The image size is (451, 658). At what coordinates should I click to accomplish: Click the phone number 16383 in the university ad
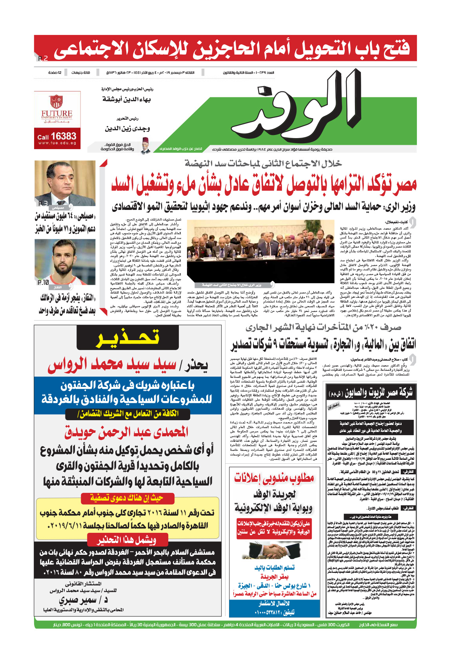click(x=63, y=136)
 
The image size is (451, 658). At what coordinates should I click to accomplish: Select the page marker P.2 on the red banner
click(x=43, y=59)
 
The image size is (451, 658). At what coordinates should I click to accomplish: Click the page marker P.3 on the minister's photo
click(x=43, y=203)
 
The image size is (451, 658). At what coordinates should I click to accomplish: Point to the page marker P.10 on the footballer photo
click(x=43, y=282)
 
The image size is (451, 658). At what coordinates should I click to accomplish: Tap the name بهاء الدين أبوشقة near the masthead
click(x=126, y=99)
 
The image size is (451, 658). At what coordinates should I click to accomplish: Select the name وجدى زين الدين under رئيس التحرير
click(x=127, y=128)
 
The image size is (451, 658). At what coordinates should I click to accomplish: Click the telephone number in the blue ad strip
click(x=274, y=612)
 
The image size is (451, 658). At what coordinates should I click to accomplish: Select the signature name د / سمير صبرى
click(x=84, y=600)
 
